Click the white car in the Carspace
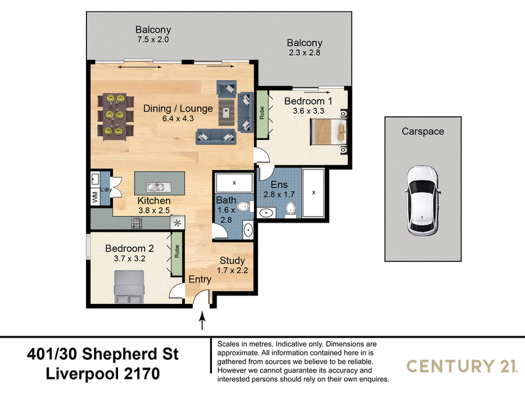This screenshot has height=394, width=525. (422, 201)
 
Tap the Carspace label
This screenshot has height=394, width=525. (423, 131)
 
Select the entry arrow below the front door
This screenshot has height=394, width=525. (202, 320)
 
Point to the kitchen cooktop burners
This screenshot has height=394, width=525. (136, 223)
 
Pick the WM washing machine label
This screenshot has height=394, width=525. (95, 196)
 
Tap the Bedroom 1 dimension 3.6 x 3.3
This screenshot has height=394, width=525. (308, 111)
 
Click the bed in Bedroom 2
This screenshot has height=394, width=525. (129, 287)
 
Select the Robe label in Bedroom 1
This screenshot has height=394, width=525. (262, 113)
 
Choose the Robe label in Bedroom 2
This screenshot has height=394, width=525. (177, 252)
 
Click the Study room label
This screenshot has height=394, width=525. (232, 260)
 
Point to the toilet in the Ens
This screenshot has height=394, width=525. (290, 209)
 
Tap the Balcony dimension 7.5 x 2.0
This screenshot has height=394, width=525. (153, 39)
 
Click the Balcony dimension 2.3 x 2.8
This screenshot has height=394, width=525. (304, 53)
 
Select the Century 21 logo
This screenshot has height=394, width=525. (461, 366)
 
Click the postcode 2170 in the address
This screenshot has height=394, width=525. (142, 374)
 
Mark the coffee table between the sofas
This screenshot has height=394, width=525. (226, 112)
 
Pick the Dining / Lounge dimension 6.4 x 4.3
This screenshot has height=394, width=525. (178, 119)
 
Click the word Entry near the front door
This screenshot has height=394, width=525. (200, 280)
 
